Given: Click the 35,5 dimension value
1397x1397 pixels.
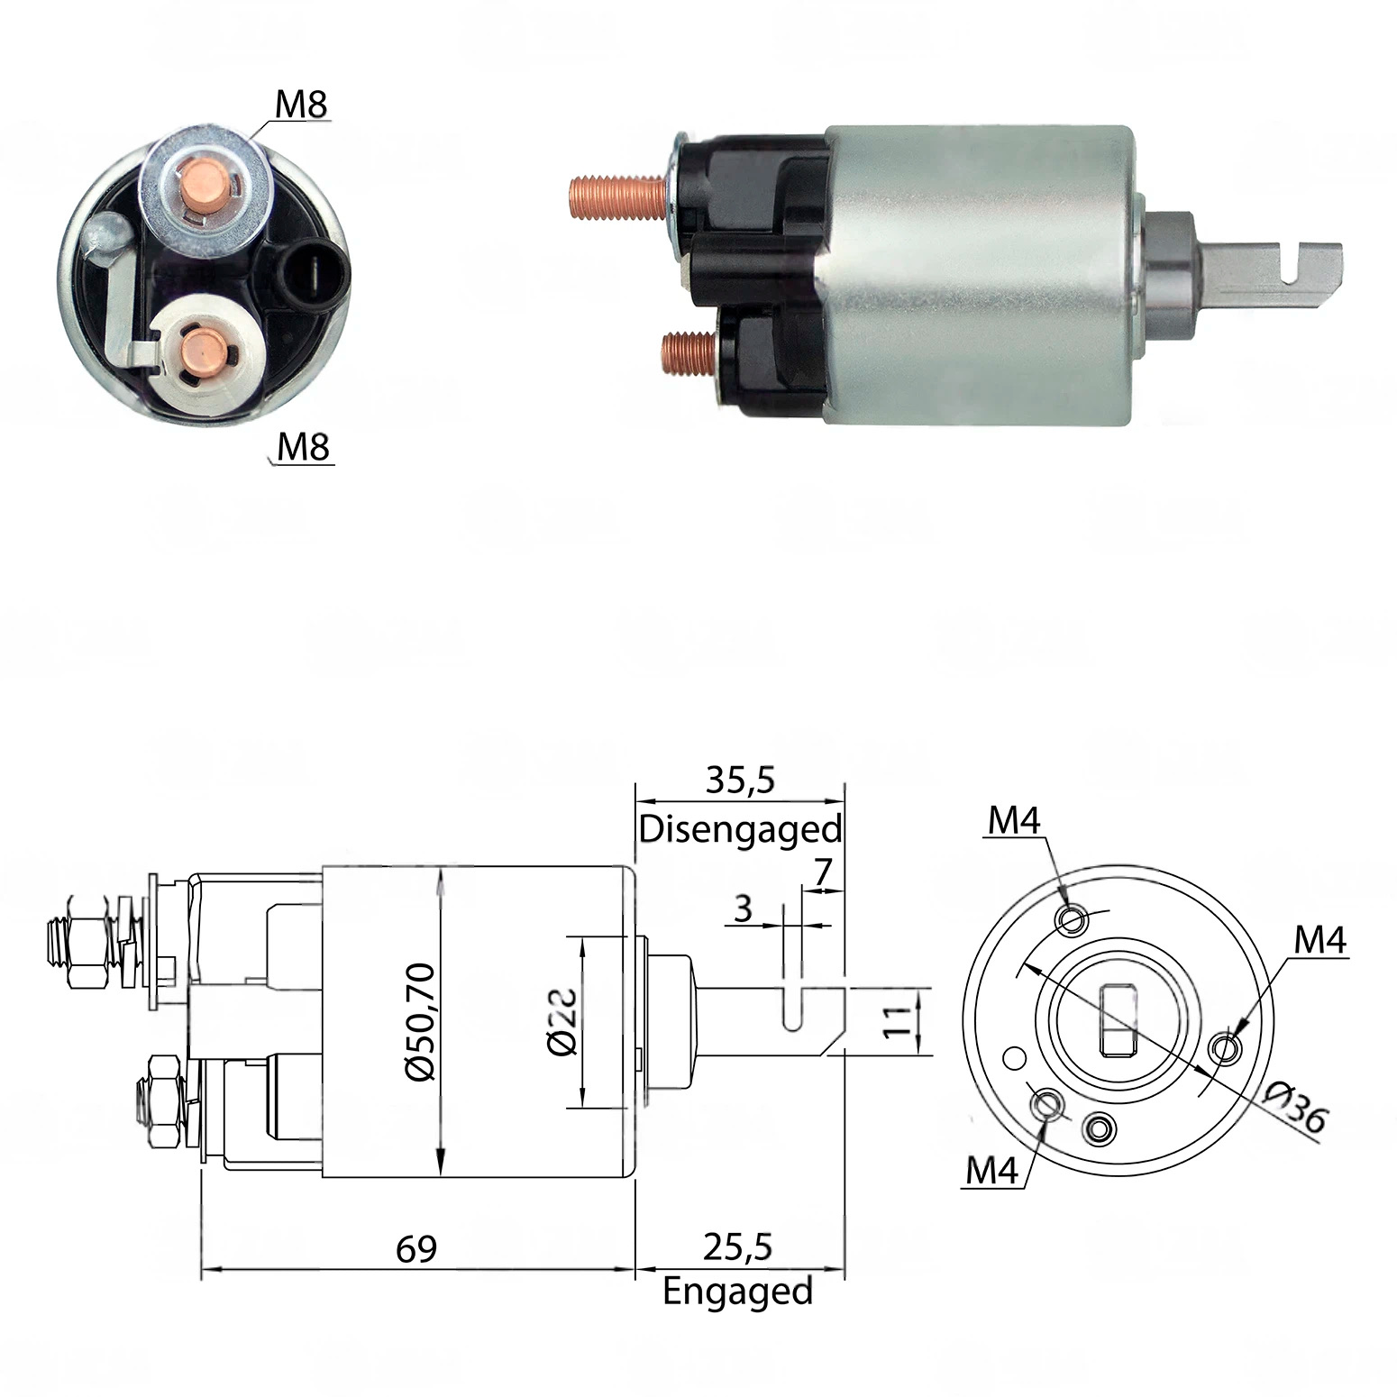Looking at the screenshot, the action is click(739, 781).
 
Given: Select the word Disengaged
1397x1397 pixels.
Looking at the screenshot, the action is click(740, 829).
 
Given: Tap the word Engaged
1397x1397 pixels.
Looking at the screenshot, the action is click(738, 1292).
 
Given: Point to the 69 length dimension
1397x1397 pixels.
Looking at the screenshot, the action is click(416, 1248).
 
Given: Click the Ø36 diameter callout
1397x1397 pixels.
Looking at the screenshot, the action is click(1294, 1106).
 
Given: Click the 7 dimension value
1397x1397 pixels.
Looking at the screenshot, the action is click(821, 872).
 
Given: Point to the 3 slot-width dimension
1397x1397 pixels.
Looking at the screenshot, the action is click(743, 909).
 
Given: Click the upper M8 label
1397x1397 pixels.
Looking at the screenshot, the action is click(301, 105).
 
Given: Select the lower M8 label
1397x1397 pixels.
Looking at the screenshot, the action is click(304, 447).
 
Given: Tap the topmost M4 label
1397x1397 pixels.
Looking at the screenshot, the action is click(1014, 820).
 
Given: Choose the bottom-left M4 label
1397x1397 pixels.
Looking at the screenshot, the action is click(991, 1171).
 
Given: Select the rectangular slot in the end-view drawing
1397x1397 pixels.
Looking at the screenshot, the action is click(1118, 1020).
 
